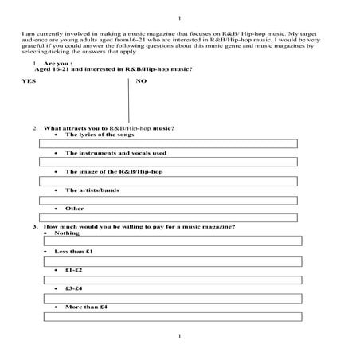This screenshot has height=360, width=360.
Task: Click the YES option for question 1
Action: coord(29,81)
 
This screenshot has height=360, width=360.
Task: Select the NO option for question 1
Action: coord(141,81)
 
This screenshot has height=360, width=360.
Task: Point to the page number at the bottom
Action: coord(180,337)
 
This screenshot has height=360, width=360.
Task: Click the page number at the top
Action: coord(180,18)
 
